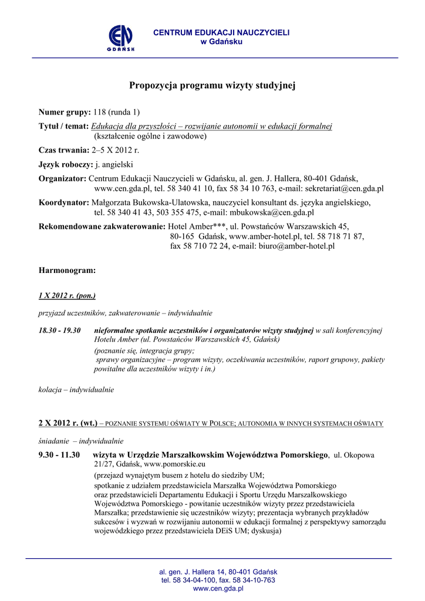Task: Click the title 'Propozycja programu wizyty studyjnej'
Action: click(x=212, y=86)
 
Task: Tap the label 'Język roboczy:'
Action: click(x=66, y=165)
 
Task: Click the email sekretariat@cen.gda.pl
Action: click(x=340, y=188)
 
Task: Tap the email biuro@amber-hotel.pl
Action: click(x=296, y=247)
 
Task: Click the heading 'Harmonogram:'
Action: click(x=67, y=271)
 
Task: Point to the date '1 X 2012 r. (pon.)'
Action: click(x=67, y=296)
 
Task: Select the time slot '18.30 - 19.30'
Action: click(x=60, y=330)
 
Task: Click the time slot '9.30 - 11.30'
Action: click(x=59, y=455)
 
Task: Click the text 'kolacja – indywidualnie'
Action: click(x=76, y=389)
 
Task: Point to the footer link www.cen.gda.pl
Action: click(x=218, y=588)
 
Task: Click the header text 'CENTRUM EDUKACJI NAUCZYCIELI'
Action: click(x=221, y=33)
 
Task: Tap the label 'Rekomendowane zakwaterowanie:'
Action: click(x=102, y=227)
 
